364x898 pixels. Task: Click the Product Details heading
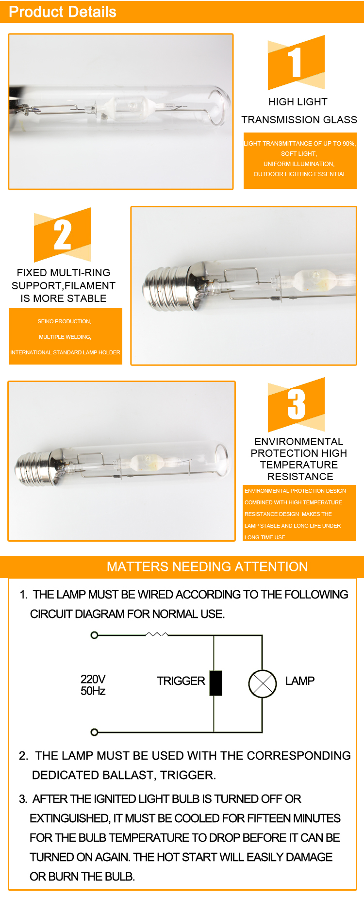click(63, 12)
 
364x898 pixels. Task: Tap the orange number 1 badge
click(296, 62)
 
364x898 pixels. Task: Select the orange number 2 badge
click(62, 235)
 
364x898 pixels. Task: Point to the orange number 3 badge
click(296, 404)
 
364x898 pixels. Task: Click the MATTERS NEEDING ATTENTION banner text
click(207, 566)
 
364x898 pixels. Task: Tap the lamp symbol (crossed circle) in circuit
click(263, 683)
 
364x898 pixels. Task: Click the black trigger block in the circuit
click(216, 683)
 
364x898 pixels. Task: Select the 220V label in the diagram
click(93, 679)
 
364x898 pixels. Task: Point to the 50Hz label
click(93, 691)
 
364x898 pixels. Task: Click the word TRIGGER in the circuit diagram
click(181, 681)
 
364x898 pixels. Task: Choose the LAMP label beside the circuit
click(300, 681)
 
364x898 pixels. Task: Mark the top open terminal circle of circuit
click(95, 635)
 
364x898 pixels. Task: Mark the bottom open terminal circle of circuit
click(95, 732)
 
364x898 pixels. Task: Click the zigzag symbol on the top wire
click(157, 634)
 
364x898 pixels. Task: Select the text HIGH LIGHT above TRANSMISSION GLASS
click(298, 102)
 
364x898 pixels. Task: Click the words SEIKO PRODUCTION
click(64, 321)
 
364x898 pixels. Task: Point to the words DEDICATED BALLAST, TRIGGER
click(124, 775)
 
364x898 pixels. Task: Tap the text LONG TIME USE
click(265, 537)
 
